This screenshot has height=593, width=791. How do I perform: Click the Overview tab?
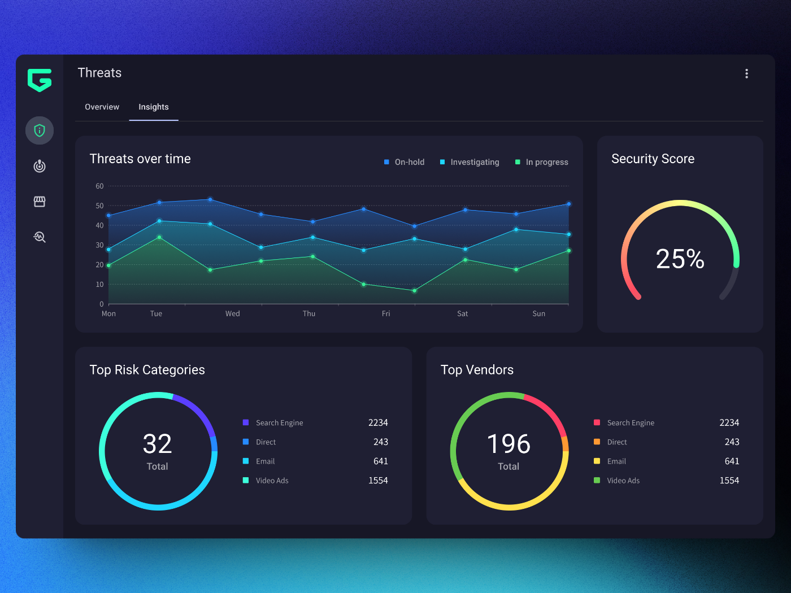pos(102,107)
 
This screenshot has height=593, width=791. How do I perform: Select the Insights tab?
pos(153,107)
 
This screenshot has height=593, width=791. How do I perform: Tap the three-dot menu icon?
pos(746,74)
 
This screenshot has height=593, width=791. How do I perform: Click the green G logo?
pos(40,80)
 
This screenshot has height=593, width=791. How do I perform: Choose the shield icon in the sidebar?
pos(40,130)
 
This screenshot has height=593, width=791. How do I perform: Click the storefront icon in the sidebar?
pos(40,202)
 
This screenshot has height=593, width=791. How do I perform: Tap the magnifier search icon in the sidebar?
pos(40,237)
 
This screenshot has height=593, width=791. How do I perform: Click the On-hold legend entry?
pos(404,162)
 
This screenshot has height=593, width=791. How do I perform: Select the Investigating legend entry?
pos(470,162)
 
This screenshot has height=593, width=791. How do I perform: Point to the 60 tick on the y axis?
pos(99,186)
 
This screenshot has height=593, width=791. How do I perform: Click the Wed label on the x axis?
pos(232,313)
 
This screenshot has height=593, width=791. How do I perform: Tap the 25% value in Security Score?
pos(680,259)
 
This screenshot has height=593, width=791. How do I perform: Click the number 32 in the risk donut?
pos(157,444)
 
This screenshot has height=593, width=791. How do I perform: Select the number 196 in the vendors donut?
pos(508,444)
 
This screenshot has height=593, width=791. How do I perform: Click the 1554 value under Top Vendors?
pos(729,480)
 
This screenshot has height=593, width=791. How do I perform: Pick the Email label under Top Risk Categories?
pos(265,461)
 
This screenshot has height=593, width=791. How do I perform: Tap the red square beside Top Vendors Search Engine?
pos(597,422)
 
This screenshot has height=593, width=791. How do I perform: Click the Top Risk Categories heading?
pos(147,370)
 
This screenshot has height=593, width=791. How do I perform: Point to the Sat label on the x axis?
pos(462,313)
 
